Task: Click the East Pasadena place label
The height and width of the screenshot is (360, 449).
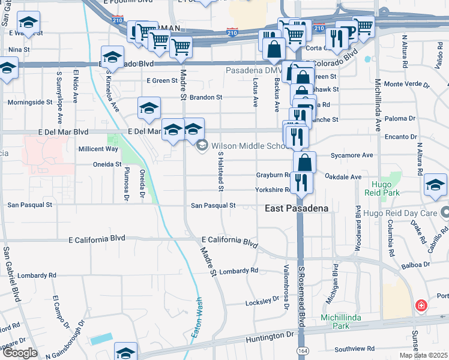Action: pyautogui.click(x=297, y=208)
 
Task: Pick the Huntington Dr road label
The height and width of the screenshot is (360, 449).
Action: pyautogui.click(x=269, y=337)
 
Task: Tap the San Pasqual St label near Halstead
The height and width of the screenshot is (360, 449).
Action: pyautogui.click(x=213, y=205)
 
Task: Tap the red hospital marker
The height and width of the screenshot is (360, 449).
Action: pyautogui.click(x=422, y=305)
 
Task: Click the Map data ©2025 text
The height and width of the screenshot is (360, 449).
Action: pyautogui.click(x=423, y=355)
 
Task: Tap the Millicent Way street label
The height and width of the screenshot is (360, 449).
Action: pyautogui.click(x=98, y=149)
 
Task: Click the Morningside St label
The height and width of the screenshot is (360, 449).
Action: pyautogui.click(x=30, y=102)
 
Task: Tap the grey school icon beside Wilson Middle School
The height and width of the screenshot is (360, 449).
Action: pyautogui.click(x=202, y=145)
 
